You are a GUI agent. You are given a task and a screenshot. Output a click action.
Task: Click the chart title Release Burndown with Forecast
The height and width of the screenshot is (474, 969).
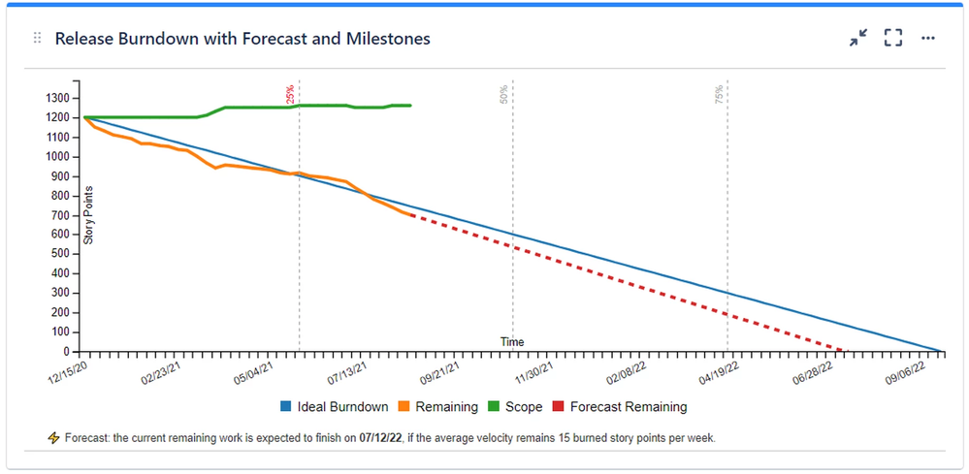[242, 39]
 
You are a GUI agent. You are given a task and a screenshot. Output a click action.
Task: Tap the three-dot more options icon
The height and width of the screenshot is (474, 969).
[928, 38]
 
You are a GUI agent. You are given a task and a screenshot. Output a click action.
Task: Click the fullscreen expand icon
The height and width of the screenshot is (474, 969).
[893, 38]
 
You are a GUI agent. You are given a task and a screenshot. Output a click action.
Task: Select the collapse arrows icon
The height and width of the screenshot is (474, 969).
[858, 38]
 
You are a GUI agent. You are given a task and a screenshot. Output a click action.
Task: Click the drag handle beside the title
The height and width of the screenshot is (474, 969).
[38, 38]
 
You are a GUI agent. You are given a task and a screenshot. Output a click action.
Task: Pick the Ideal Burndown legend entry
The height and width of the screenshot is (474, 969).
[334, 407]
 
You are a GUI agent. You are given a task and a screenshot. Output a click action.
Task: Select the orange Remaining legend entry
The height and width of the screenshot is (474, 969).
[441, 407]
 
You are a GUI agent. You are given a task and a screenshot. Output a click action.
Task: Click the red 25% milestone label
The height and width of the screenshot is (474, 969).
[290, 94]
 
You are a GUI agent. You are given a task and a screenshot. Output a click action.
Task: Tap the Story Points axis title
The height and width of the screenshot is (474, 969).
[88, 214]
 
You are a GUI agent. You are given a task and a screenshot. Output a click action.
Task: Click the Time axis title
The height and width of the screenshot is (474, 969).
[512, 341]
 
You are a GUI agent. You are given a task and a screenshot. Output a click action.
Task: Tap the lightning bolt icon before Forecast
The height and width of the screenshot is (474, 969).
[53, 438]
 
